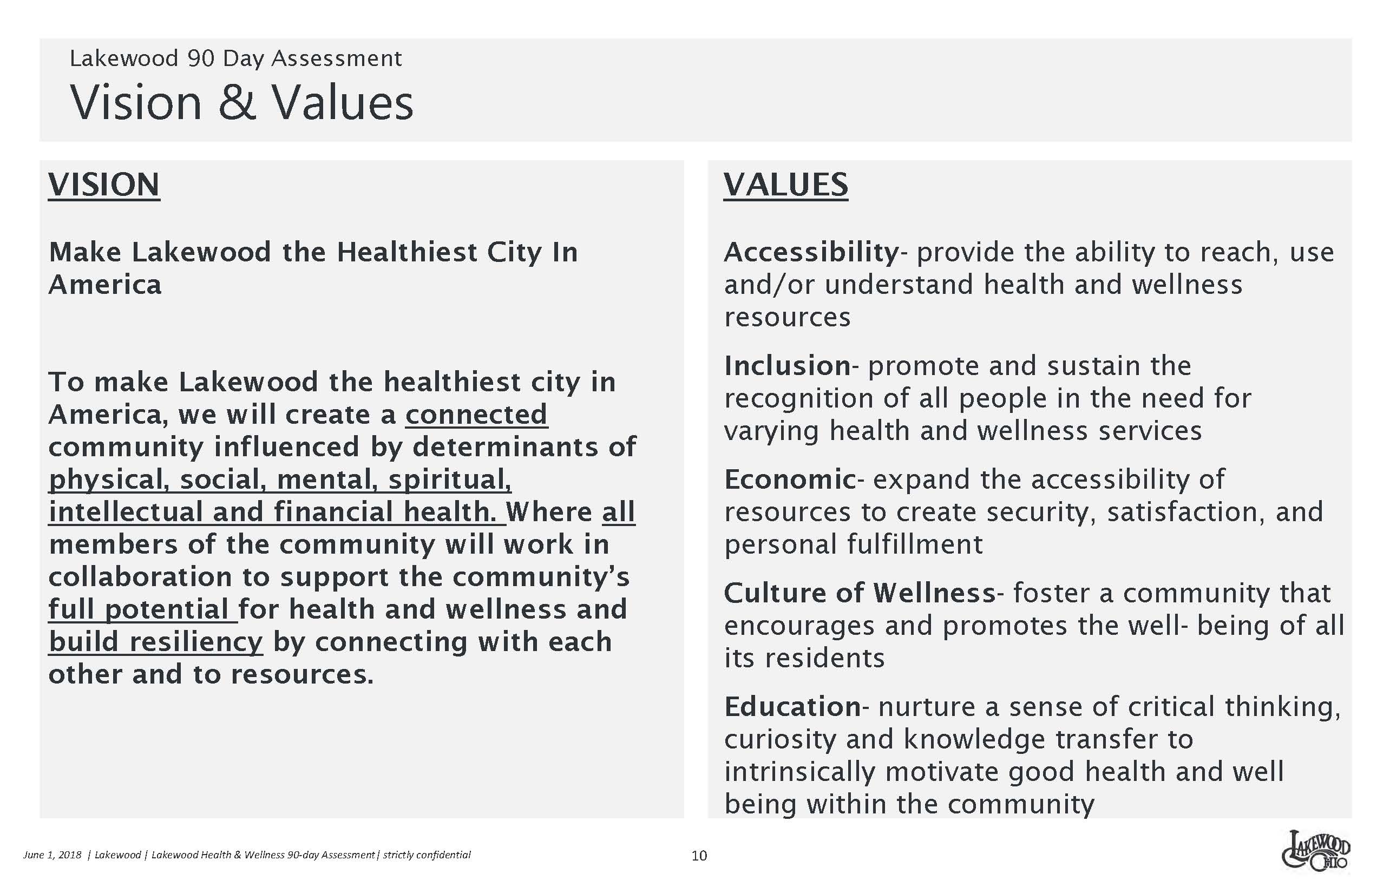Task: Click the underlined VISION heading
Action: coord(104,185)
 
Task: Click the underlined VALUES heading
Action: coord(786,185)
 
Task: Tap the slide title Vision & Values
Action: coord(242,102)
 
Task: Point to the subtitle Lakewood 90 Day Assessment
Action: coord(235,58)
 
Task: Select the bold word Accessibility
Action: coord(811,253)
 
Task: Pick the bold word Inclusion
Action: coord(788,366)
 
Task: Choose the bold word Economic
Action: coord(790,480)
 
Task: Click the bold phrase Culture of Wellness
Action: coord(860,593)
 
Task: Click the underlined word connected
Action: coord(476,415)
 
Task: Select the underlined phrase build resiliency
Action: coord(155,642)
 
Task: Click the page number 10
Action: coord(699,855)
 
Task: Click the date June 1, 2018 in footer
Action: coord(52,855)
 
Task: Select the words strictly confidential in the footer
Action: coord(427,855)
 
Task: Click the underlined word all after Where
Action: coord(619,512)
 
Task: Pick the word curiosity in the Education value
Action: coord(780,740)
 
